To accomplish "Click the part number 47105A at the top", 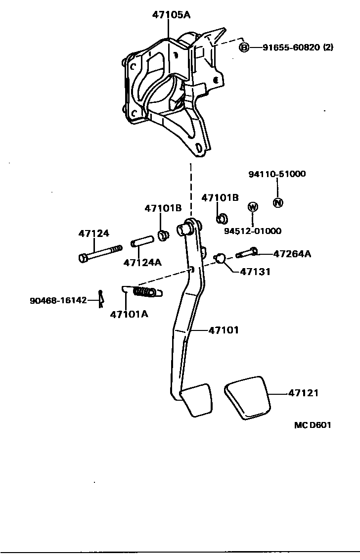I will click(171, 15).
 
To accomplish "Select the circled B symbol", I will click(244, 47).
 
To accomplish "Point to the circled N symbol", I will click(278, 202).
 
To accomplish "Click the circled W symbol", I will click(252, 207).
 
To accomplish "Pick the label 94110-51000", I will click(277, 174).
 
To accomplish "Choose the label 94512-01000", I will click(252, 231).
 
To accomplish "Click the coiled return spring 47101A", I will click(146, 292).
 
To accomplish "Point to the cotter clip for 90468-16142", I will click(100, 298).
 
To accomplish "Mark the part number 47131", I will click(255, 271).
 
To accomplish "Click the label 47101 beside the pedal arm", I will click(224, 329).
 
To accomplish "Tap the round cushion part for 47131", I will click(221, 257).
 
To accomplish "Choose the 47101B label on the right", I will click(220, 197).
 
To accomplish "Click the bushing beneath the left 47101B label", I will click(163, 234).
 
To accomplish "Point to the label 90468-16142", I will click(58, 300).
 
